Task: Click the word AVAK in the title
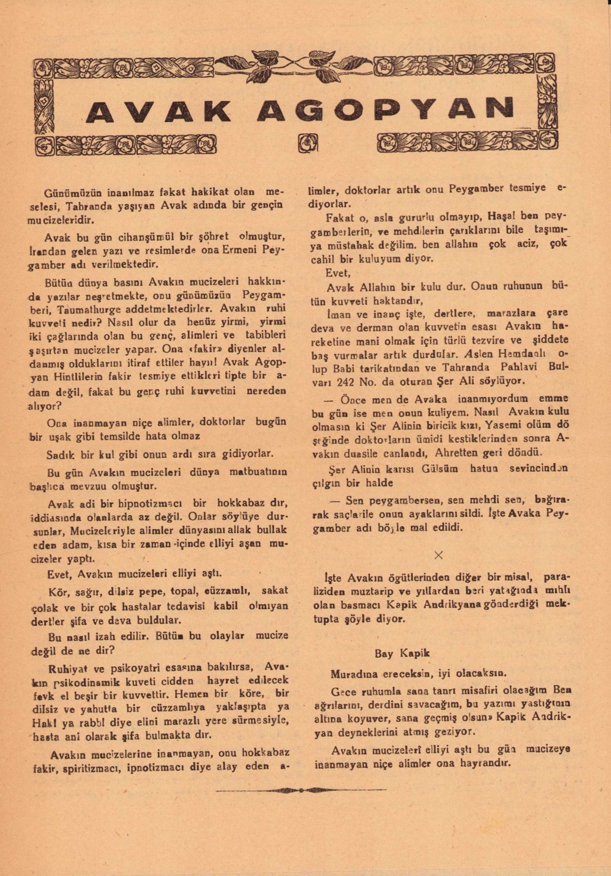158,110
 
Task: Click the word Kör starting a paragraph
55,592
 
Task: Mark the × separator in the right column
439,555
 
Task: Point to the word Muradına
352,673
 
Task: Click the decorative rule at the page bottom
301,790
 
